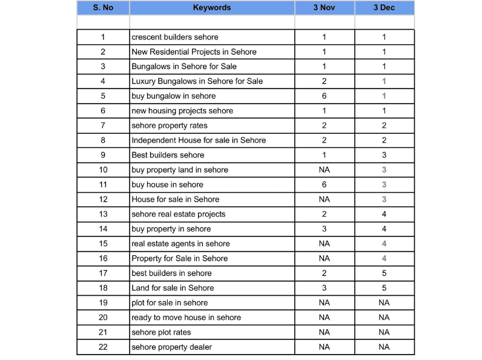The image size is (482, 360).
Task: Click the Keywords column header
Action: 211,8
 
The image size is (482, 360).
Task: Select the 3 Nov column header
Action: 324,8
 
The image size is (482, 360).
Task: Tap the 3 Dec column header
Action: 384,8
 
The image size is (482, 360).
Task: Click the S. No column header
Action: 103,8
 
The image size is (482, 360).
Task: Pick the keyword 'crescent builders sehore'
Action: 175,37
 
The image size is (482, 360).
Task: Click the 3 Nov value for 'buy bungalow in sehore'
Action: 324,96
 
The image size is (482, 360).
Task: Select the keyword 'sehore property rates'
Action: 170,125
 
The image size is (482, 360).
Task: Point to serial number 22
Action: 103,347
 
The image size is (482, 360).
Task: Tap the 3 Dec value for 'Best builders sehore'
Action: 384,155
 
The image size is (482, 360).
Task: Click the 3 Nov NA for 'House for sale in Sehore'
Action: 324,199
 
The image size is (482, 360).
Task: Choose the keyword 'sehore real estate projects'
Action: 179,214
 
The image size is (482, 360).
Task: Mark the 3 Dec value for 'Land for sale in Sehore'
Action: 384,288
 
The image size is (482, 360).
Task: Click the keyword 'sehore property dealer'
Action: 172,347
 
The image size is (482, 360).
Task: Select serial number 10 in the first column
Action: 103,170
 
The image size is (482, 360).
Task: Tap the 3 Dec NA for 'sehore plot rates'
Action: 384,332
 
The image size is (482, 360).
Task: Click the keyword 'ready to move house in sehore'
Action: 186,318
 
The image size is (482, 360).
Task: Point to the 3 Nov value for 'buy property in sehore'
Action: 324,229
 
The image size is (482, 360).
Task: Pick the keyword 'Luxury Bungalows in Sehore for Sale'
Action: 197,81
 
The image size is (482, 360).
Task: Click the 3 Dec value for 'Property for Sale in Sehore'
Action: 384,258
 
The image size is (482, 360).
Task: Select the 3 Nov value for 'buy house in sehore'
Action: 324,184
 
